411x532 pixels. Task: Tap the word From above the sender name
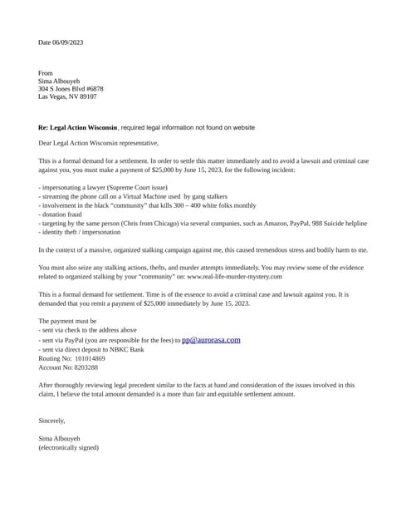pos(46,73)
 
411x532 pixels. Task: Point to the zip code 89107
pos(87,96)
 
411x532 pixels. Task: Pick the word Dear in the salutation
pos(46,143)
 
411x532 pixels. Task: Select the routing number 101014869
pos(90,358)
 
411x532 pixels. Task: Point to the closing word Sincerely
pos(51,421)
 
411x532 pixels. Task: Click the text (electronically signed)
pos(68,447)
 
